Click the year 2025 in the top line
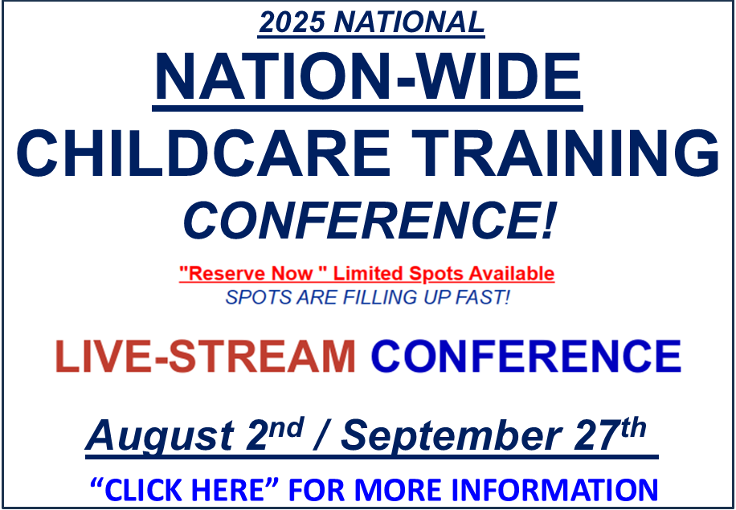point(292,22)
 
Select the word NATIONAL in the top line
point(408,22)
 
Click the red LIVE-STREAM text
point(205,356)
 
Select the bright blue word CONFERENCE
point(525,356)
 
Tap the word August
point(160,436)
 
